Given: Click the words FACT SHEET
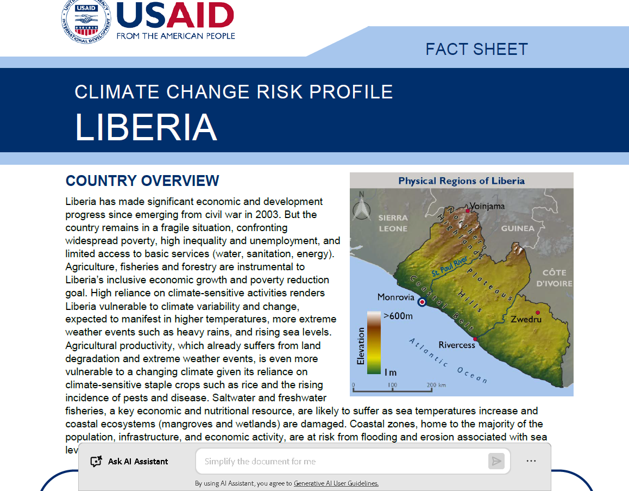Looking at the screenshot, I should [x=476, y=49].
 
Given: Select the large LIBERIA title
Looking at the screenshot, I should [x=146, y=127].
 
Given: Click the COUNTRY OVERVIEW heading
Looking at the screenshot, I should [x=142, y=181].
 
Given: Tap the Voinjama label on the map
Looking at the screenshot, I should [x=487, y=206].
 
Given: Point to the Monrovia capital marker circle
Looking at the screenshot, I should [x=422, y=297].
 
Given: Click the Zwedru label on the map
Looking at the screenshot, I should [x=526, y=319].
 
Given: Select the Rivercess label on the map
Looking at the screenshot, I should [x=457, y=345].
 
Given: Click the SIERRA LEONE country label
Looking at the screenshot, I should [x=393, y=223].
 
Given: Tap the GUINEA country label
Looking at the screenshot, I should [x=517, y=228].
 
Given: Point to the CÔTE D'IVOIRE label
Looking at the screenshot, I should [x=554, y=278].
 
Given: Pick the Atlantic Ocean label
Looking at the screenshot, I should [x=448, y=361].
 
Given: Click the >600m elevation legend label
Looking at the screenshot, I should [x=398, y=316].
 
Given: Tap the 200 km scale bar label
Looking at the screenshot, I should [x=436, y=385].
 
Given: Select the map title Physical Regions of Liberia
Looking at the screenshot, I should [x=461, y=181].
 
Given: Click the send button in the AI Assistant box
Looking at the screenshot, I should [x=496, y=461].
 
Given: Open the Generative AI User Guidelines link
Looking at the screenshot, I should [x=336, y=483].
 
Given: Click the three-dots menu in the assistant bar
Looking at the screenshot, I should [x=531, y=461].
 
